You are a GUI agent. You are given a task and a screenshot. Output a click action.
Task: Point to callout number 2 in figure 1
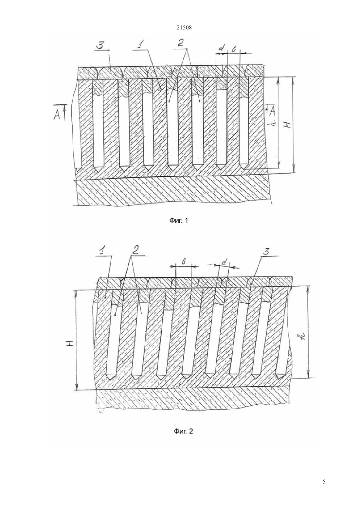coord(180,43)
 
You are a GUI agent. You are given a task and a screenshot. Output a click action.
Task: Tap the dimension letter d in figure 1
coord(222,48)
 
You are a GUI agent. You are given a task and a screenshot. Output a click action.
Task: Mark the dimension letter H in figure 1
coord(288,125)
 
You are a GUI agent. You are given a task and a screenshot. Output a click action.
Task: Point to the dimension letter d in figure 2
coord(224,263)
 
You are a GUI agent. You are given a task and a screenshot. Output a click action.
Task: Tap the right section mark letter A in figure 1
coord(273,111)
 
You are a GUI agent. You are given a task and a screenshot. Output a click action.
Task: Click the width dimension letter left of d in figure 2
coord(184,262)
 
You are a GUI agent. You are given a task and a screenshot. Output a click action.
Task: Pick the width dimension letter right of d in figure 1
coord(234,49)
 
